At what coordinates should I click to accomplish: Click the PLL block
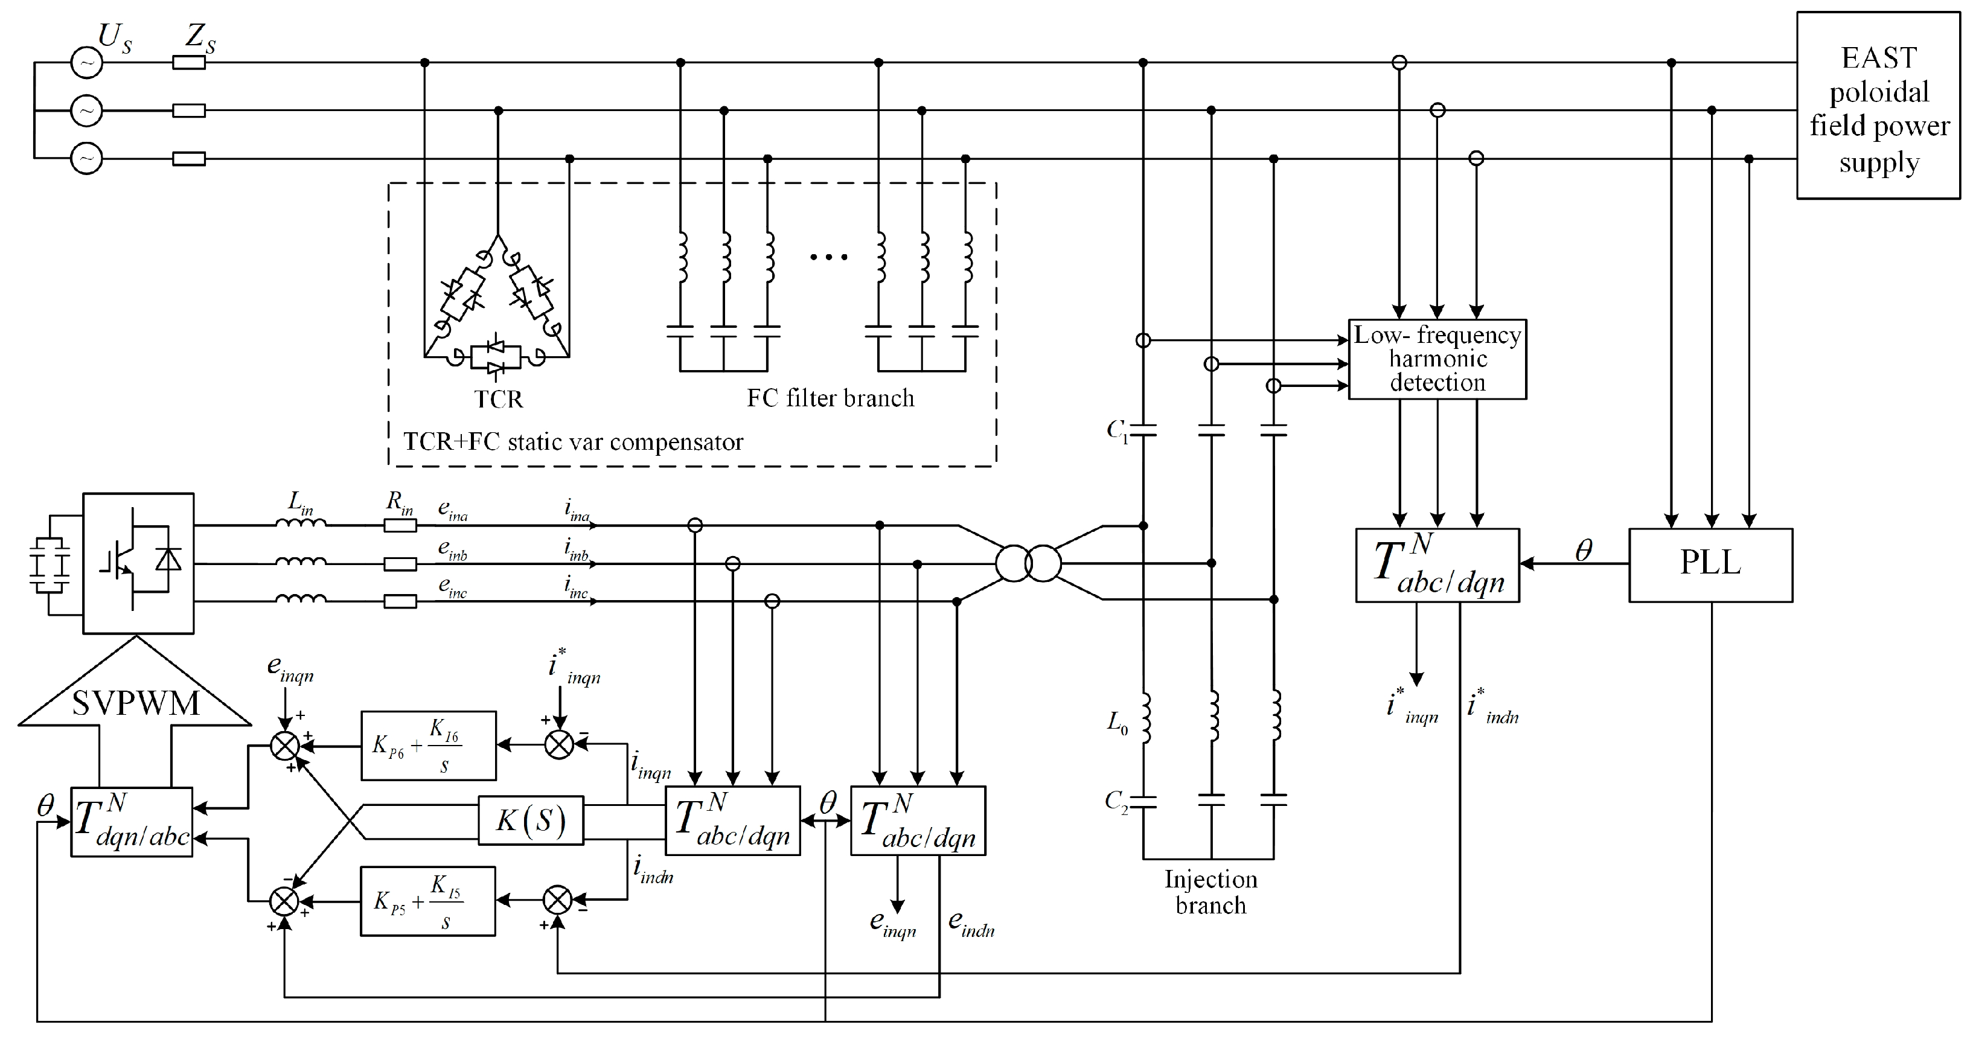(1710, 564)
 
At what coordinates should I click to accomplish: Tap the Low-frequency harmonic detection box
(1437, 359)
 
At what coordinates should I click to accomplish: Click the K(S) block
(531, 820)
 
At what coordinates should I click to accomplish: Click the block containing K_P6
(428, 746)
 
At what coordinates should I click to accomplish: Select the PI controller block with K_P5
(428, 901)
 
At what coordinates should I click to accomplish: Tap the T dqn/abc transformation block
(132, 822)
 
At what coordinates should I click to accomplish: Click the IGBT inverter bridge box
(138, 563)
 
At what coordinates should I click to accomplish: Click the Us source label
(114, 37)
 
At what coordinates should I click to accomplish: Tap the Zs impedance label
(200, 37)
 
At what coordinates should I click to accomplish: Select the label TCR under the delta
(498, 400)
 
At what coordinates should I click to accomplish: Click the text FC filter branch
(830, 398)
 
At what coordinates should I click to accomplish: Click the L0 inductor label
(1118, 722)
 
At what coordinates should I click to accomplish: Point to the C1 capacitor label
(1118, 431)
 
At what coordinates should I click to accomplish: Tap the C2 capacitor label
(1116, 802)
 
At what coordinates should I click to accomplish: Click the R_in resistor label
(399, 503)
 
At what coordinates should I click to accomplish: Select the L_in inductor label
(300, 503)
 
